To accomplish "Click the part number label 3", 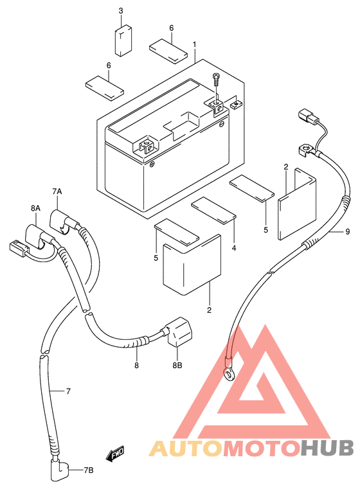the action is coord(121,11).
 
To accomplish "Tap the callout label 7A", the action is coord(57,191).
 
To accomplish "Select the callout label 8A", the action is coord(35,208).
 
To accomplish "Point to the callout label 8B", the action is coord(177,364).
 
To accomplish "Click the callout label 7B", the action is coord(88,470).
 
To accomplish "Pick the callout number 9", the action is coord(348,232).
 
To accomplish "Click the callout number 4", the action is coord(234,248).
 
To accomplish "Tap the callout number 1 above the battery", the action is coord(195,44).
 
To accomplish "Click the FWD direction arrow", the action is coord(115,454).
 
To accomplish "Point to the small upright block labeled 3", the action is coord(123,40).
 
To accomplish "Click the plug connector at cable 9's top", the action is coord(309,116).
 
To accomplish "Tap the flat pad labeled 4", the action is coord(213,210).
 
